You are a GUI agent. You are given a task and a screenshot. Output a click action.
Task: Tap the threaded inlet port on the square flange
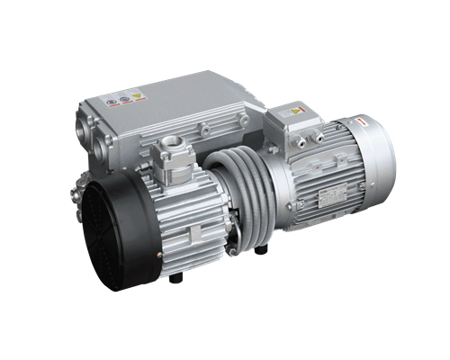(171, 146)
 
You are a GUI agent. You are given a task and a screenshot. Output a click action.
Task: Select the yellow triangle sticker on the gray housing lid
(137, 94)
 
